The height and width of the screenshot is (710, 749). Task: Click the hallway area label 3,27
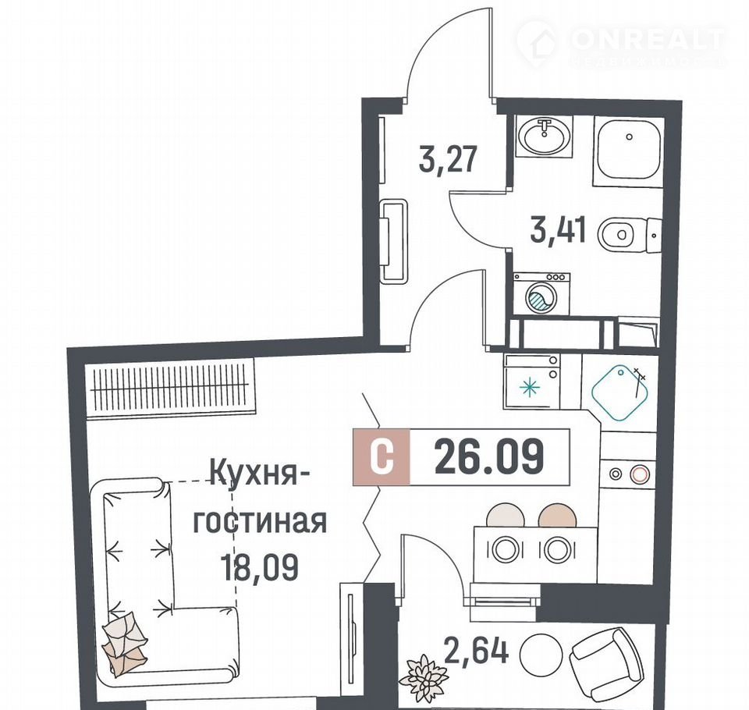point(448,160)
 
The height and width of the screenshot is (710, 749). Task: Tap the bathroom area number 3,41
point(557,230)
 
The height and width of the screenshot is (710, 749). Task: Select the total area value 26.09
point(489,456)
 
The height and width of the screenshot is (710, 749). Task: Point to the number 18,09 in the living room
point(259,566)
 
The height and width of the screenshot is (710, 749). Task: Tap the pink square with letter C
point(382,457)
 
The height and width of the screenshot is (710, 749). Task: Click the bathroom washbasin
point(544,137)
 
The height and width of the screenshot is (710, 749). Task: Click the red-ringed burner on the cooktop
point(639,474)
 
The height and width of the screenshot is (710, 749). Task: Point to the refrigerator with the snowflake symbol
point(531,382)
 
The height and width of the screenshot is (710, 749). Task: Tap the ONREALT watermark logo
point(620,44)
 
